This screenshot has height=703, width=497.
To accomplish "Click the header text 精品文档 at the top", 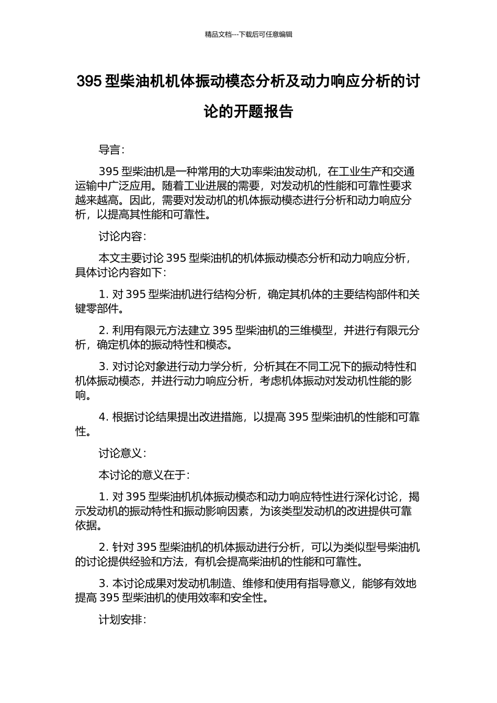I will pyautogui.click(x=218, y=35).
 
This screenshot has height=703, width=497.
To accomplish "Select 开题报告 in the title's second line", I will pyautogui.click(x=263, y=111).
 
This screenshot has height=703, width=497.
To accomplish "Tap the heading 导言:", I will pyautogui.click(x=111, y=150).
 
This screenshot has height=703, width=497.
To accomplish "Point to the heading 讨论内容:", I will pyautogui.click(x=122, y=236).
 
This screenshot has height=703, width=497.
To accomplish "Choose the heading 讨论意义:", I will pyautogui.click(x=122, y=453).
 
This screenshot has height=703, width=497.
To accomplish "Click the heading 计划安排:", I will pyautogui.click(x=122, y=620).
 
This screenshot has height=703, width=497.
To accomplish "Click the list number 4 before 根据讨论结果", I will pyautogui.click(x=103, y=417).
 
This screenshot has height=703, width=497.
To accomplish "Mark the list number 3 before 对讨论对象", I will pyautogui.click(x=103, y=367).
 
